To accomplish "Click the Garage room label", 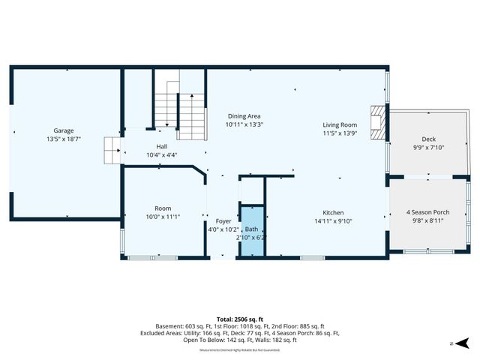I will (63, 130).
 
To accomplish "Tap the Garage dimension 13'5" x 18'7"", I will (63, 139).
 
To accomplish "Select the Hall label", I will (161, 146).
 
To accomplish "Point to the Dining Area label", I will (244, 116).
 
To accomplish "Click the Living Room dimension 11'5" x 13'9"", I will (340, 133).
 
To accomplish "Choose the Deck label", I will (428, 139).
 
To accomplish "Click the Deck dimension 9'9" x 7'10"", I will (428, 148).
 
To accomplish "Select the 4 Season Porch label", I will (427, 212).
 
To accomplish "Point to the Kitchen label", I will (333, 212).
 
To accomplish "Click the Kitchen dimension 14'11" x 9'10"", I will (333, 221).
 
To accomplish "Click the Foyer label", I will (224, 221).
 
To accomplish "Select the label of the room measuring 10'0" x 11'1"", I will (163, 208).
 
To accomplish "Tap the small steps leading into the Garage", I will (112, 150).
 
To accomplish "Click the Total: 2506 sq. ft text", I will (239, 319).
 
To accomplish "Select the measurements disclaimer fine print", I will (239, 350).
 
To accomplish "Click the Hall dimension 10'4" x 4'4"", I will (161, 155).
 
